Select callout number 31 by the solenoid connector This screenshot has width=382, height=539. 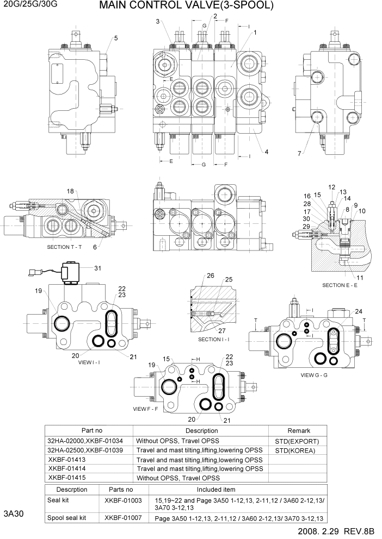coord(97,267)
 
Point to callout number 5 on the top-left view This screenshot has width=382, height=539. coord(115,38)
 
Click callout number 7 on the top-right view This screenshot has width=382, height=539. coord(299,154)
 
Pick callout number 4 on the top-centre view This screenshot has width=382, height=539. coord(266,152)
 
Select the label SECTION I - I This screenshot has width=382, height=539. coord(214,340)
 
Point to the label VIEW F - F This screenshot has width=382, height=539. coord(145,409)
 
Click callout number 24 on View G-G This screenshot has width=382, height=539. coord(358,311)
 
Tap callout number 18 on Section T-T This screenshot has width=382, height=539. coord(70,191)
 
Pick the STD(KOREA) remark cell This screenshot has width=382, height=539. coord(294,450)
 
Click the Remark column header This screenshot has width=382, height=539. coord(301,430)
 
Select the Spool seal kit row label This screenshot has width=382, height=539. coord(67,518)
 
